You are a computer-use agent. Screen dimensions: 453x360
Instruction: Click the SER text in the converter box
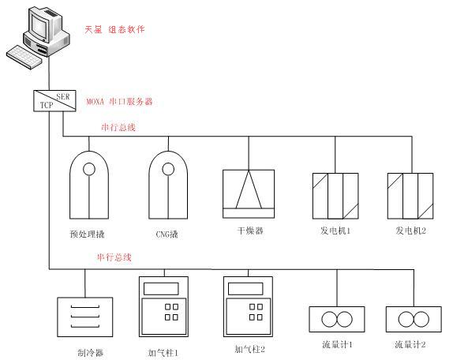pos(63,96)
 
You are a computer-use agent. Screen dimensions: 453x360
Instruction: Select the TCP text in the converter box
pos(47,105)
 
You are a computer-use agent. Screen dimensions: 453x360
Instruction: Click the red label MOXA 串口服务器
pos(119,102)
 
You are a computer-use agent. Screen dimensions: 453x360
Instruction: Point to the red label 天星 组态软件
pos(114,29)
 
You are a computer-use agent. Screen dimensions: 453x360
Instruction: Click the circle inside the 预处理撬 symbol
pos(89,169)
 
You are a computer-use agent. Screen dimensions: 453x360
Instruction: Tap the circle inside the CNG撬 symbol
pos(168,169)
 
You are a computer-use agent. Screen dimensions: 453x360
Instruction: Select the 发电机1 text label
pos(335,231)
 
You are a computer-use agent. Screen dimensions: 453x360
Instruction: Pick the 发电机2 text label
pos(410,231)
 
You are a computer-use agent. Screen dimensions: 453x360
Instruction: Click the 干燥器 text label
pos(250,231)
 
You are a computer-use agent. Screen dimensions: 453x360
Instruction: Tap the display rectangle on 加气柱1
pos(161,289)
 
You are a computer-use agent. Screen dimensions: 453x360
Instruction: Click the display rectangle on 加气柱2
pos(245,289)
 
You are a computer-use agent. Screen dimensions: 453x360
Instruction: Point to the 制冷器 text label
pos(91,353)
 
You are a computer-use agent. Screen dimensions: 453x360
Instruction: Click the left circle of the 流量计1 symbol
pos(329,319)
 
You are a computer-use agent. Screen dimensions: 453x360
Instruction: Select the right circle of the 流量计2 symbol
pos(421,319)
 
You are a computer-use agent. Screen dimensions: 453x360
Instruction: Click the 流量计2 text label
pos(410,344)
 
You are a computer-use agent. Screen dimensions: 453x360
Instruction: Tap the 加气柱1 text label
pos(163,353)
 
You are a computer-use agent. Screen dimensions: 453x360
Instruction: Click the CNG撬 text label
pos(167,234)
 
